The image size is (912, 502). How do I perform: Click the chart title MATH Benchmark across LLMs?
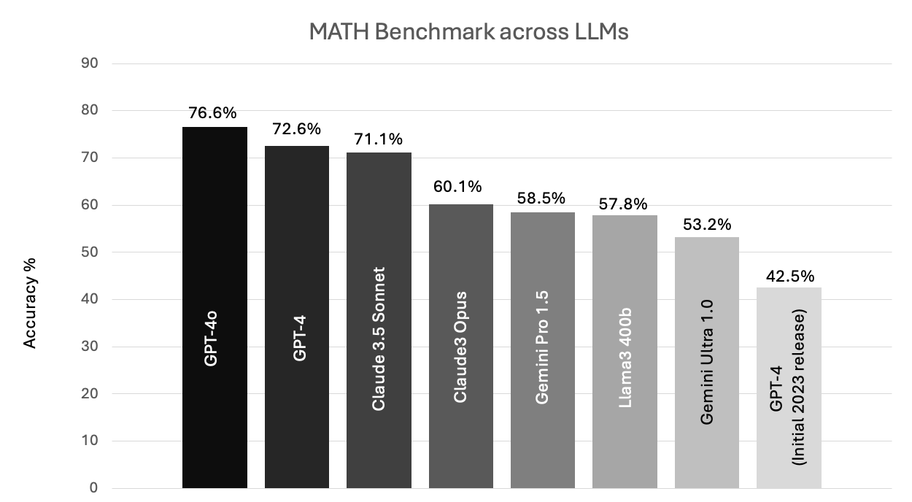coord(468,32)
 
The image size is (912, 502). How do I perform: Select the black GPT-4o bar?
coord(215,307)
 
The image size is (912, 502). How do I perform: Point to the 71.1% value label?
coord(379,139)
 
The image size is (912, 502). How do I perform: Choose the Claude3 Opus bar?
coord(460,346)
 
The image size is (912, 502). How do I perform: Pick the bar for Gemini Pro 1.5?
coord(543,350)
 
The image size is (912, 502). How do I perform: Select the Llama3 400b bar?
coord(625,351)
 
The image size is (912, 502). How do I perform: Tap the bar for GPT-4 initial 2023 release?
coord(789,387)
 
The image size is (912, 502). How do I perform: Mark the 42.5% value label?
coord(789,277)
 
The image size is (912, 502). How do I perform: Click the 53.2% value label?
coord(707,225)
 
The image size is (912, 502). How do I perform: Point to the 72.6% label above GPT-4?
coord(296,129)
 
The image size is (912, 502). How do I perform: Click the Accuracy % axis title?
coord(31,302)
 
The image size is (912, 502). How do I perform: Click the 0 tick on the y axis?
coord(94,488)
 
